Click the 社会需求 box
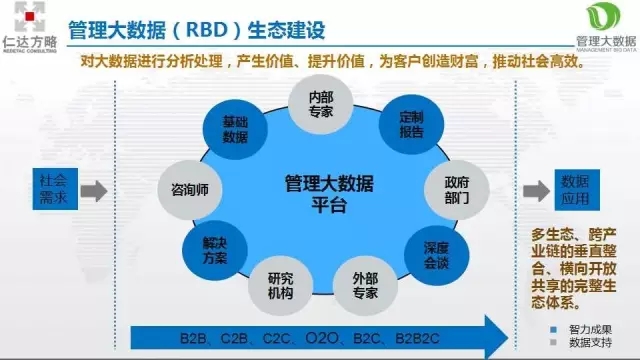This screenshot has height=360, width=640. tap(54, 189)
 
